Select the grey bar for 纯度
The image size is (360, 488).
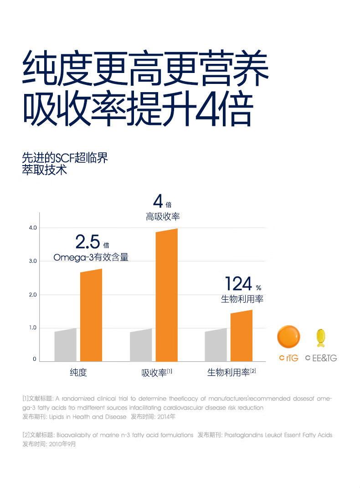tap(65, 345)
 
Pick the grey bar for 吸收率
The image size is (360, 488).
tap(141, 345)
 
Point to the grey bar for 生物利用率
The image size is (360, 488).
tap(216, 345)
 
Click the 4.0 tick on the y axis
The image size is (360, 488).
tap(32, 228)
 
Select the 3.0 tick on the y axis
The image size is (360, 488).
tap(32, 261)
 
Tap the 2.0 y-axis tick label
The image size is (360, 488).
tap(32, 295)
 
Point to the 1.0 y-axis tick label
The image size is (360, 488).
tap(32, 328)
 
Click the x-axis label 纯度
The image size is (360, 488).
tap(78, 373)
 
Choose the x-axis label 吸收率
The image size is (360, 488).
tap(154, 373)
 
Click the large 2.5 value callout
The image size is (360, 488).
tap(87, 241)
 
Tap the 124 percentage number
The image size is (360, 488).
tap(238, 284)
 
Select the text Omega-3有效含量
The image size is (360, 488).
tap(91, 258)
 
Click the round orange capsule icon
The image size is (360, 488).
tap(289, 337)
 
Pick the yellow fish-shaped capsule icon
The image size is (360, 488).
tap(321, 338)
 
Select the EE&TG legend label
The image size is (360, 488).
tap(324, 358)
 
